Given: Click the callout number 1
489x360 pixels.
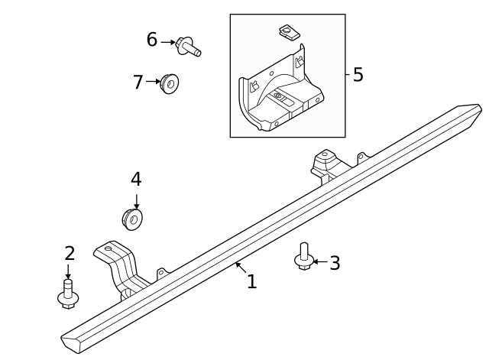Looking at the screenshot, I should tap(251, 282).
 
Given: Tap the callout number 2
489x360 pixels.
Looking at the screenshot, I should tap(70, 253).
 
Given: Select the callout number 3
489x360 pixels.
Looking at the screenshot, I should tap(335, 264).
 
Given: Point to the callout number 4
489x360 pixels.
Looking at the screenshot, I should tap(136, 180).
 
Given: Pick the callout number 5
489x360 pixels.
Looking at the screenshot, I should tap(358, 75).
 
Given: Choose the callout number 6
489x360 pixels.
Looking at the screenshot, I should tap(152, 40).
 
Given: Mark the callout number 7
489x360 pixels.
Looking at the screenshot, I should tap(138, 82).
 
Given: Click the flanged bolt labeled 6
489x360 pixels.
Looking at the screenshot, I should tap(187, 46).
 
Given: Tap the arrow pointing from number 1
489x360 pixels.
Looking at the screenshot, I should tap(240, 268).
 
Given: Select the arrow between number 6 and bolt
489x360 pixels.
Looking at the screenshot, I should tap(167, 42).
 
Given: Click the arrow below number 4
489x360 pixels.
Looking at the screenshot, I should tap(136, 199).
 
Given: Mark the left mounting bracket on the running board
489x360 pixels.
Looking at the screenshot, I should tap(118, 268).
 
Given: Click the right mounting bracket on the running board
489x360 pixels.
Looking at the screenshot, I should tap(328, 165).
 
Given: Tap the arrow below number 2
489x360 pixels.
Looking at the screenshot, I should tap(68, 272).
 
